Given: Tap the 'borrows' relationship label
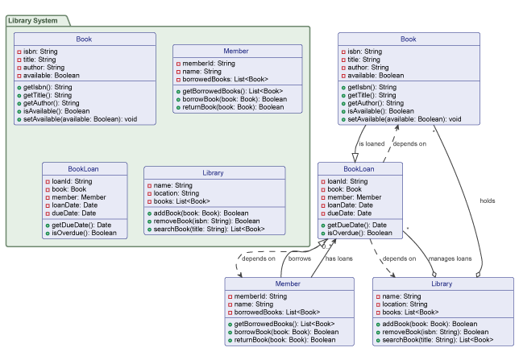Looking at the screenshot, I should [299, 259].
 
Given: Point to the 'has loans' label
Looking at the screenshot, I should [339, 259].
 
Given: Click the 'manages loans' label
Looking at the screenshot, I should [449, 259].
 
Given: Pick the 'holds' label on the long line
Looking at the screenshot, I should [488, 201].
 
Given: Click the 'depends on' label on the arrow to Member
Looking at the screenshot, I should [258, 259].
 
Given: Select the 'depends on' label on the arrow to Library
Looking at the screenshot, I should [399, 259].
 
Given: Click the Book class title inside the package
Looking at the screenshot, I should [85, 39].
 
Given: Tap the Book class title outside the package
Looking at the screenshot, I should [409, 39].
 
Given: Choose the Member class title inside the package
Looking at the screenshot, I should [236, 51].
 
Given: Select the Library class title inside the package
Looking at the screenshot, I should [214, 172].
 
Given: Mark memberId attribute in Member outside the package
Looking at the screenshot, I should [255, 296].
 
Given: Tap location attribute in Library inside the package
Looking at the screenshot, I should [174, 193].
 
